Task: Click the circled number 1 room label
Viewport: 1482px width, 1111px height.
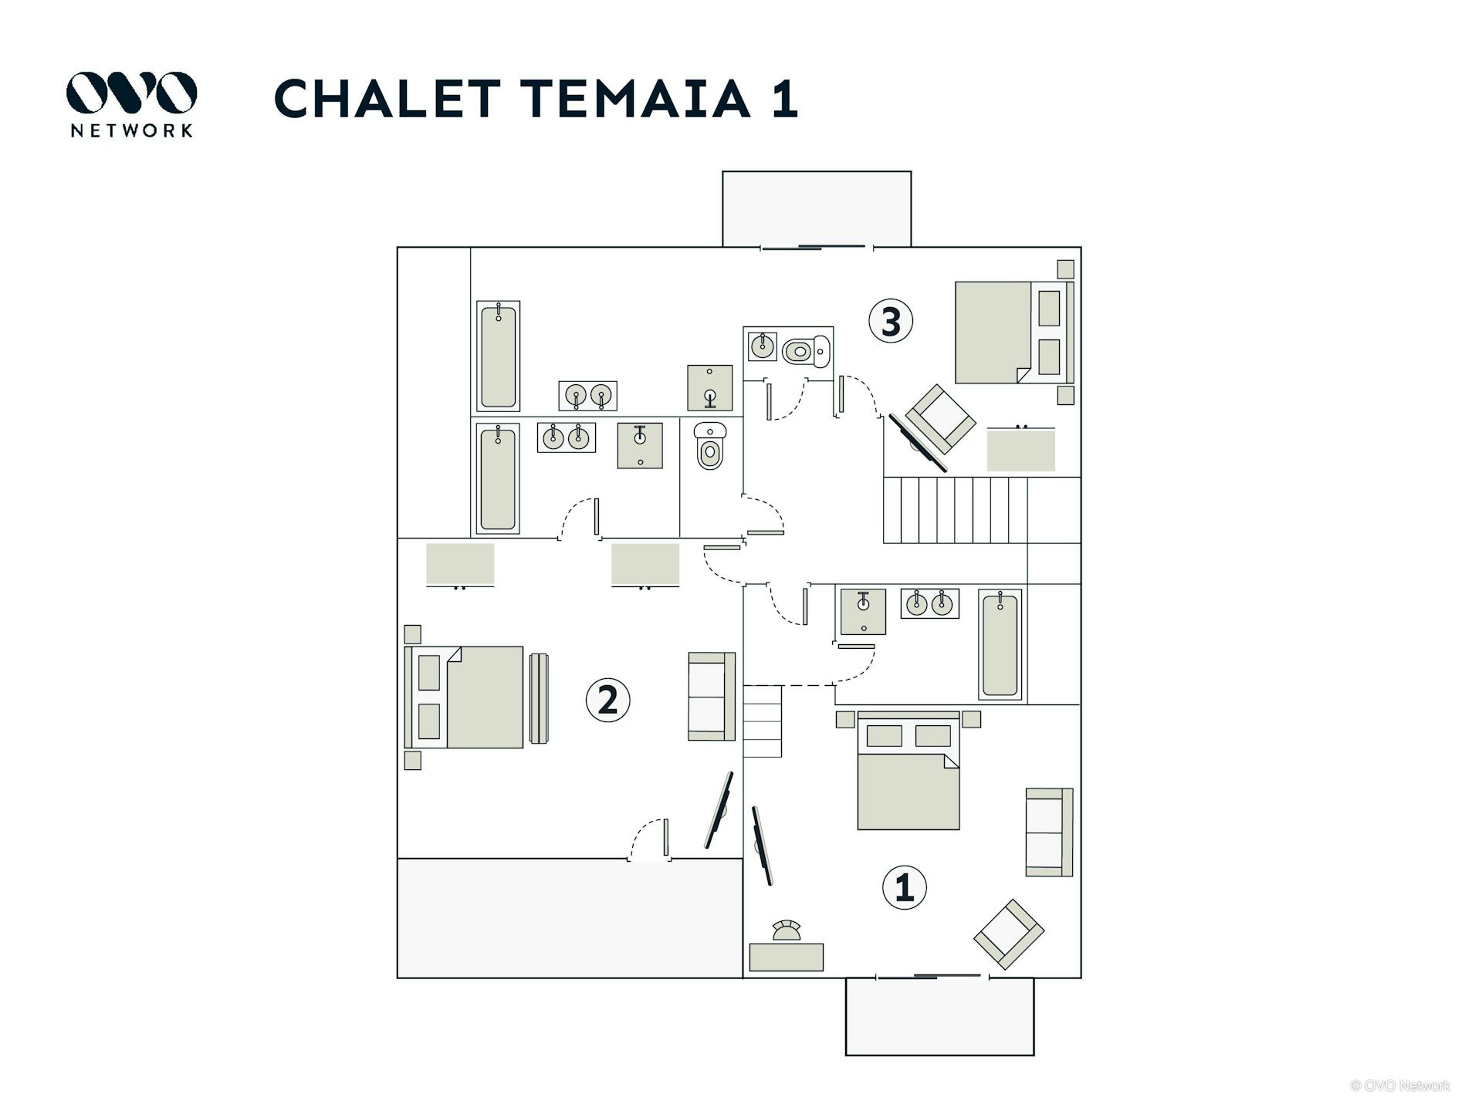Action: point(904,888)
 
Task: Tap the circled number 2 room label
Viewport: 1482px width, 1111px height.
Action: point(608,701)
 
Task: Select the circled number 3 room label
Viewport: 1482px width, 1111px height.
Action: point(891,321)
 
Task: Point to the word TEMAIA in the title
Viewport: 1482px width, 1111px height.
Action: point(636,99)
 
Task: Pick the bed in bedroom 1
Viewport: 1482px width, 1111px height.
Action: point(908,779)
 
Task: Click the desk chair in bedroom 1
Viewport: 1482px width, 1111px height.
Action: point(787,931)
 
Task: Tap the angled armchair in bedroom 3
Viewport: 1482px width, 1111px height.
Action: point(940,418)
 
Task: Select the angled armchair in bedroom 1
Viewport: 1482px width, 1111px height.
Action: point(1009,934)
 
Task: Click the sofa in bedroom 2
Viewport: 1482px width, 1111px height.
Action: point(711,697)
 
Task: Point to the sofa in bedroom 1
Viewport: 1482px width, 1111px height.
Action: point(1049,832)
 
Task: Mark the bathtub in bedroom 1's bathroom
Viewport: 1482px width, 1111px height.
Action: point(1000,645)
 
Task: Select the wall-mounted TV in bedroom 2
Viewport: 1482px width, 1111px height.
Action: point(719,811)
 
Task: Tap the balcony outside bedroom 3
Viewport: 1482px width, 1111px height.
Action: point(817,208)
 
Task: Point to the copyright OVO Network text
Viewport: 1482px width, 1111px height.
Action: point(1399,1086)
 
